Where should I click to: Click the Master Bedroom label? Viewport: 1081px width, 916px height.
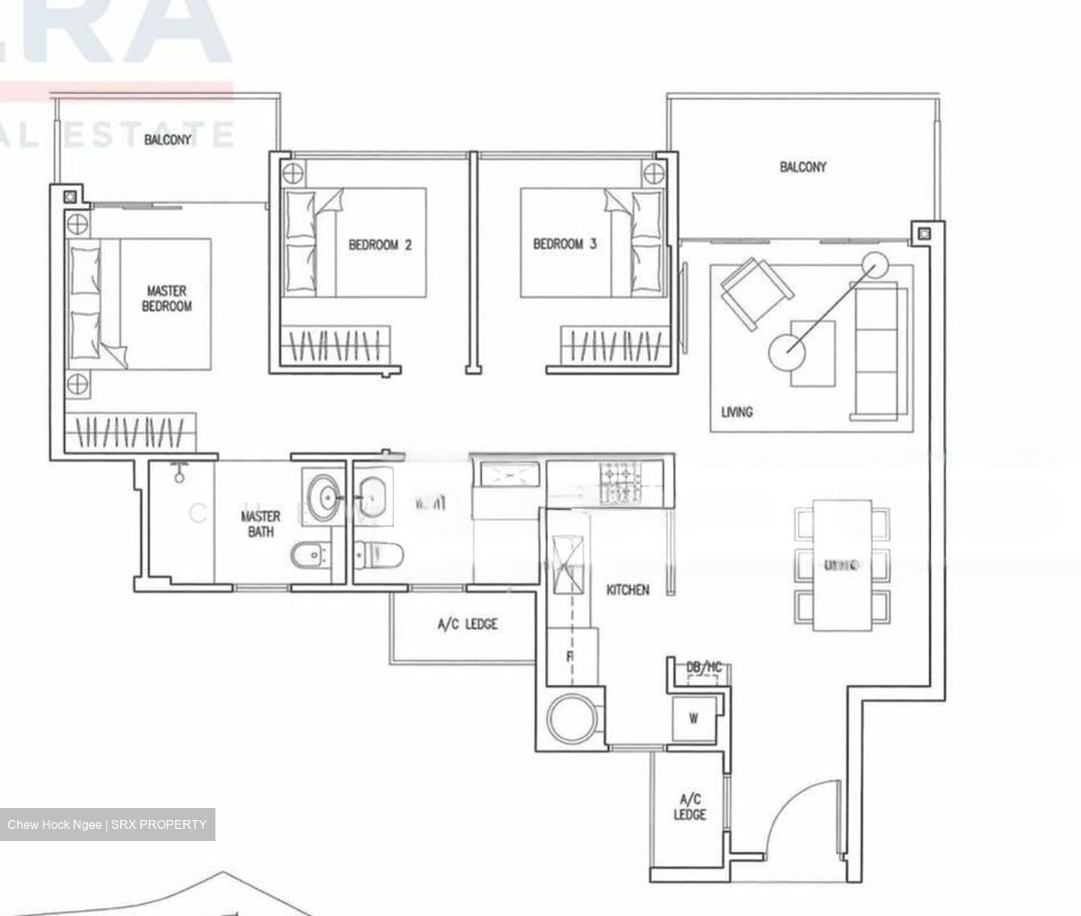pyautogui.click(x=167, y=298)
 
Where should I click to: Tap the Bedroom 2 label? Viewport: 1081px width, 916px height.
pyautogui.click(x=380, y=245)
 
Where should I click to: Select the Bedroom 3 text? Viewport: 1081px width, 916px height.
pyautogui.click(x=565, y=244)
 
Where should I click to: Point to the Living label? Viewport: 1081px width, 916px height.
pyautogui.click(x=736, y=411)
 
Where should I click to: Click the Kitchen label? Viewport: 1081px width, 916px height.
pyautogui.click(x=628, y=590)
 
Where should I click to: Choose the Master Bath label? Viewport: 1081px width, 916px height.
pyautogui.click(x=260, y=524)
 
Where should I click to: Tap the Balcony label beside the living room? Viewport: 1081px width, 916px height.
pyautogui.click(x=802, y=167)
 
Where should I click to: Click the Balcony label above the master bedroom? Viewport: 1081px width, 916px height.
pyautogui.click(x=167, y=139)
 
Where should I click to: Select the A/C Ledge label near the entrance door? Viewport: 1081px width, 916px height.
pyautogui.click(x=689, y=807)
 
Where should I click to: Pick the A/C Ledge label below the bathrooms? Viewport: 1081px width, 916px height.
pyautogui.click(x=467, y=624)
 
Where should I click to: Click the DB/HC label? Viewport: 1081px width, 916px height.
pyautogui.click(x=703, y=667)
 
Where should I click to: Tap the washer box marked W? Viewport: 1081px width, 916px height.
pyautogui.click(x=694, y=719)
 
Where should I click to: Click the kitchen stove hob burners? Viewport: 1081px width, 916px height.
pyautogui.click(x=621, y=483)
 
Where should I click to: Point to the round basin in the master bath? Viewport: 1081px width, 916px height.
pyautogui.click(x=327, y=496)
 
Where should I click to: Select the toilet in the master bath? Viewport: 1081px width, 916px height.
pyautogui.click(x=309, y=556)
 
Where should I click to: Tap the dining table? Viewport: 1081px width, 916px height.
pyautogui.click(x=842, y=565)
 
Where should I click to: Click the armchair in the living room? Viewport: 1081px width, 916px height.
pyautogui.click(x=754, y=293)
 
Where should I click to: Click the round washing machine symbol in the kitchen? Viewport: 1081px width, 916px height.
pyautogui.click(x=572, y=718)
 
